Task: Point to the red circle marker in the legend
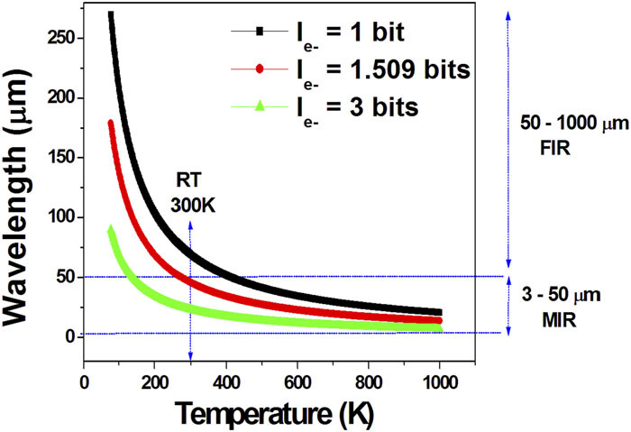tap(260, 69)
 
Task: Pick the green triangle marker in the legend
tap(260, 106)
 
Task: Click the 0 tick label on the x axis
tap(83, 380)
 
